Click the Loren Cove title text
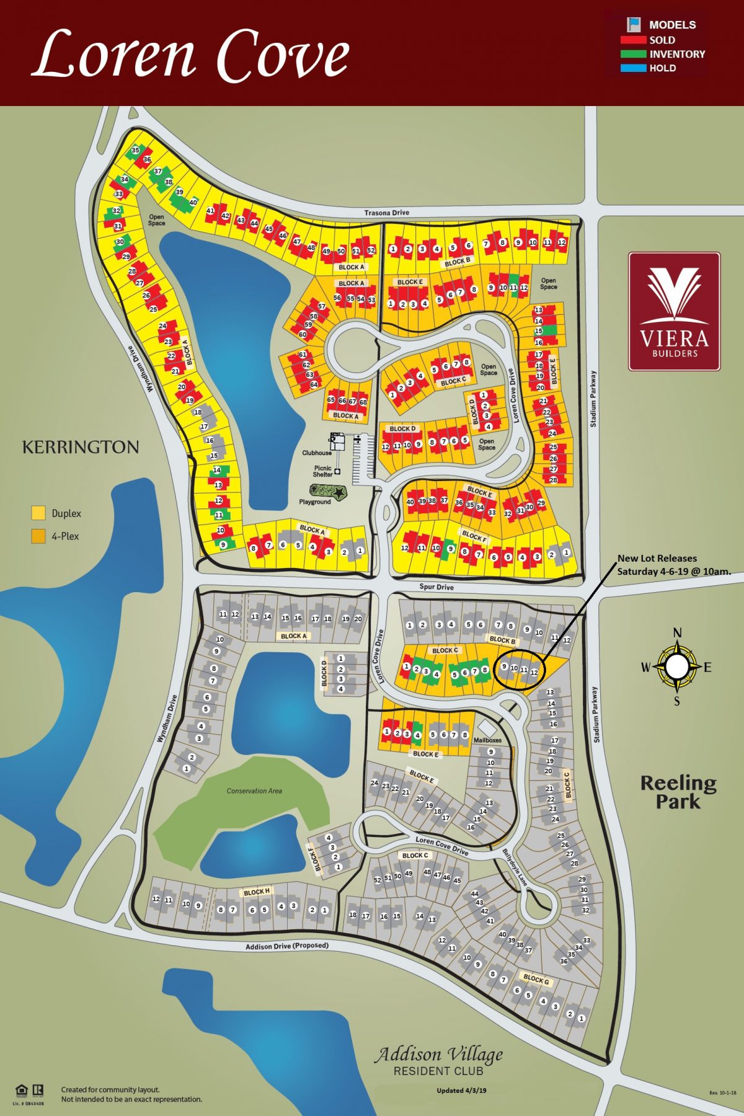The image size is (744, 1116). (191, 56)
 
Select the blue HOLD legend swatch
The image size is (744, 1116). (633, 68)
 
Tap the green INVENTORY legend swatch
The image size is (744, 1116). (633, 54)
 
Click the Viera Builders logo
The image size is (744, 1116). (674, 311)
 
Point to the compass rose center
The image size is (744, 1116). (677, 666)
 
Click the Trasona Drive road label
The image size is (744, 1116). (386, 213)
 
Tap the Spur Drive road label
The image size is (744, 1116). (436, 587)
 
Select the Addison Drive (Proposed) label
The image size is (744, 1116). (286, 946)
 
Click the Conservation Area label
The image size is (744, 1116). (254, 790)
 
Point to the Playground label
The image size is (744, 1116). (314, 502)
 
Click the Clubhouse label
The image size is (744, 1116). (316, 453)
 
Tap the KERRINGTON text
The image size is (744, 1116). (81, 447)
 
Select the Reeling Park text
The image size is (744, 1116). (678, 792)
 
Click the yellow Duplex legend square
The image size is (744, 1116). (38, 513)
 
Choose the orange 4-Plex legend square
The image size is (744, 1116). (38, 536)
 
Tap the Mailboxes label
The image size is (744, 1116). (487, 740)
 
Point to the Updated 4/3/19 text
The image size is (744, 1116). (461, 1091)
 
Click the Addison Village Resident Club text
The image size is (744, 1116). (438, 1061)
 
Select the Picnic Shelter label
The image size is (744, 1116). (322, 471)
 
